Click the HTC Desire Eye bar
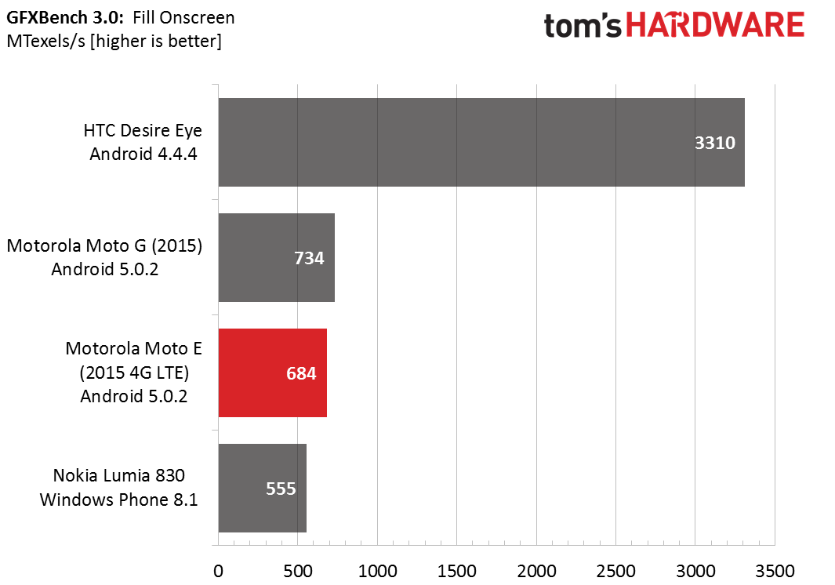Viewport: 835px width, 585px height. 481,142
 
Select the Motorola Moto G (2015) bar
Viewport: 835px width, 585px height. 277,257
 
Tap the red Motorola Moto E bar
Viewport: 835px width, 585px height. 273,373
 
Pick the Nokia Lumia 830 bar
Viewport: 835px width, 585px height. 263,488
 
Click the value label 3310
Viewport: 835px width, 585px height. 714,143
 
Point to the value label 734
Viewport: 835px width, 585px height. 309,259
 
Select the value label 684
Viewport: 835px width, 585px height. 301,373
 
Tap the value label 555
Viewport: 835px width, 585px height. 281,489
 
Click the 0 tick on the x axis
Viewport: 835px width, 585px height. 218,571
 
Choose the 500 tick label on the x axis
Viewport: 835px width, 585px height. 298,571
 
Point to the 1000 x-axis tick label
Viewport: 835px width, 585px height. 377,571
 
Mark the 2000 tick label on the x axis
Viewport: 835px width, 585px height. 536,571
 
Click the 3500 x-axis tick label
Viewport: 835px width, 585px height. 775,571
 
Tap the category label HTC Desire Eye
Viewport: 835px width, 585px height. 143,130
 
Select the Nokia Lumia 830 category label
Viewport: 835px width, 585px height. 118,475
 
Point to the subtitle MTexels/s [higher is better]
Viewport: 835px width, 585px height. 114,41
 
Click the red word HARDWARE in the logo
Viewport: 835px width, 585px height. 714,26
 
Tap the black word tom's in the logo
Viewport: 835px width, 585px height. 583,26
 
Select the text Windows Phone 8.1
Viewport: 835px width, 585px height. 118,500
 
